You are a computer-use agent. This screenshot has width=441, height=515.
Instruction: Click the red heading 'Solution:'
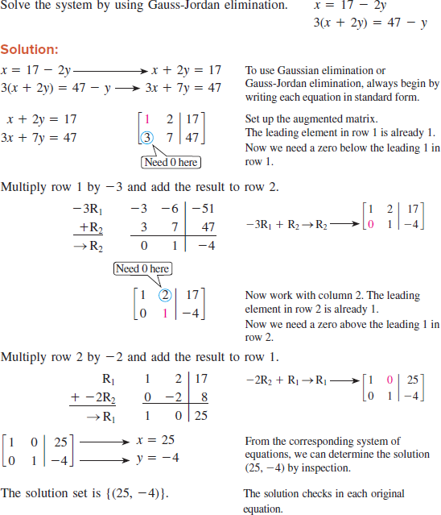28,49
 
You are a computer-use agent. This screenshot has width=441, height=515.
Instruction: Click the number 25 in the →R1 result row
200,415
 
